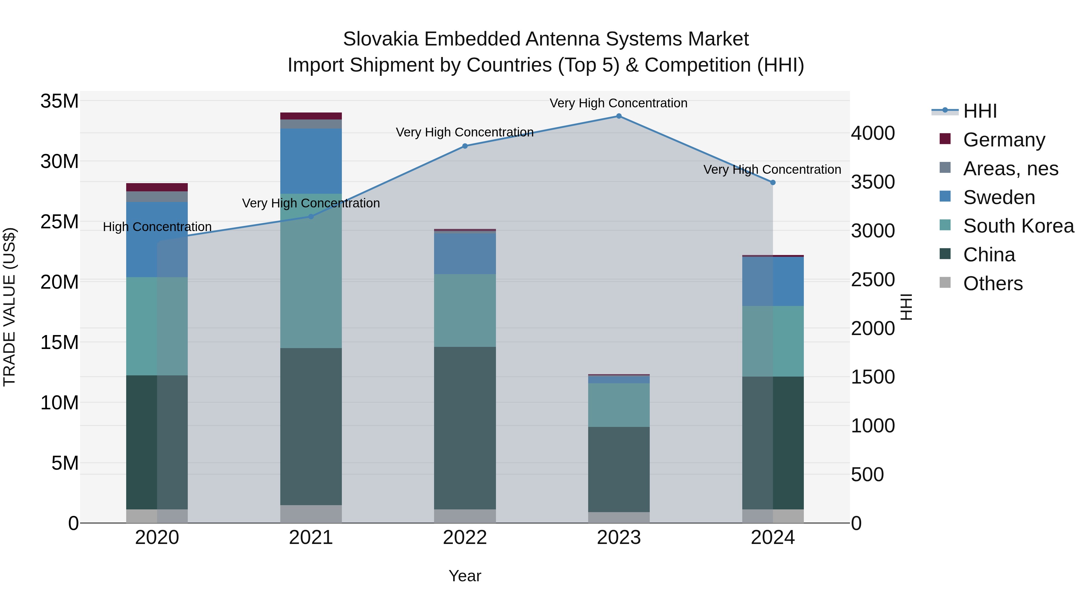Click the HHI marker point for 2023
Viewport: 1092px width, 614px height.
coord(618,116)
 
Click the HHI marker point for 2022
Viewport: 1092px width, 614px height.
coord(465,146)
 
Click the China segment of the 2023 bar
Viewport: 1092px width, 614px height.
coord(618,469)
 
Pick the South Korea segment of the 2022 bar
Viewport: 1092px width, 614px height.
coord(465,310)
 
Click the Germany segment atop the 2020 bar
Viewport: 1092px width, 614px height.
coord(157,187)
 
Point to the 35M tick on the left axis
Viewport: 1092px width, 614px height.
coord(59,101)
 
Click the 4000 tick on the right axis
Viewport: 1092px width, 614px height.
coord(873,133)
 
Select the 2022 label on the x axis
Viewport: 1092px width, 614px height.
coord(465,538)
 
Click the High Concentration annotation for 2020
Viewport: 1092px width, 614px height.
coord(157,227)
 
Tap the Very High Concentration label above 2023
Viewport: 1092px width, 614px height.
coord(618,103)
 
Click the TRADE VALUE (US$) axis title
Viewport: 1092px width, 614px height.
coord(9,307)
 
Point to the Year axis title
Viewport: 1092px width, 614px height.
coord(465,576)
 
